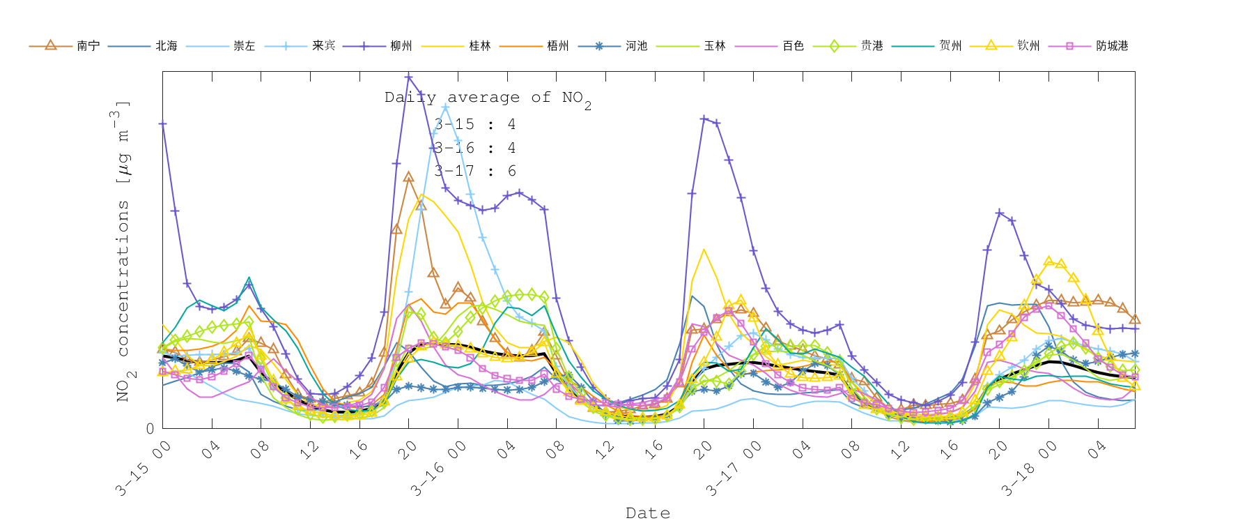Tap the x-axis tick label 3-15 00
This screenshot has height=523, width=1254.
tap(144, 468)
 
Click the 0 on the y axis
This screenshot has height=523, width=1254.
tap(150, 428)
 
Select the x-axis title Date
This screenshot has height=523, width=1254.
tap(648, 513)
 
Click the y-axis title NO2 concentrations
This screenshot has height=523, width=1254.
tap(123, 251)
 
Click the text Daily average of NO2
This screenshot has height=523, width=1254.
tap(488, 98)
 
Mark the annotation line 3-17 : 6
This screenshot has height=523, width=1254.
tap(475, 171)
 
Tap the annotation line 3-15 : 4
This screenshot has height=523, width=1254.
tap(475, 124)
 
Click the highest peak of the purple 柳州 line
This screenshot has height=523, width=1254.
tap(409, 77)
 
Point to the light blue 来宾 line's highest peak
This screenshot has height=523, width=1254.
tap(446, 107)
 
